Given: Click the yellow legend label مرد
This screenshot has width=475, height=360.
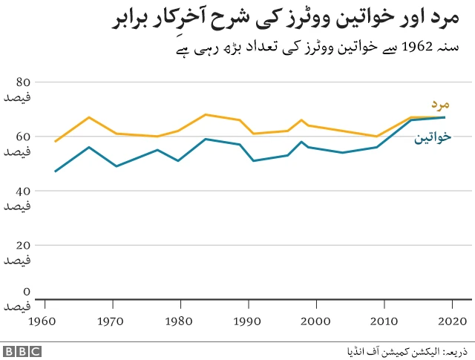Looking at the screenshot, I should click(441, 105).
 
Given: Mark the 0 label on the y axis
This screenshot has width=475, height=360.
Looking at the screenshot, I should click(26, 292).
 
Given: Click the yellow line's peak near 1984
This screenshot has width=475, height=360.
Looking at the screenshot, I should click(205, 115).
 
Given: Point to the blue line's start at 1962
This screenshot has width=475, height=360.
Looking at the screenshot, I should click(56, 171).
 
